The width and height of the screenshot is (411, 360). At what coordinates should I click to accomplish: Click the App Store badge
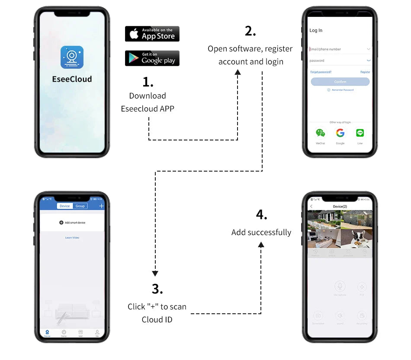[152, 34]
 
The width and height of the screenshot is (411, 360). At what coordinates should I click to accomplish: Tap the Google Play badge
[152, 58]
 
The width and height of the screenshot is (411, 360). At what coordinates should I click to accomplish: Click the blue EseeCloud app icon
[72, 57]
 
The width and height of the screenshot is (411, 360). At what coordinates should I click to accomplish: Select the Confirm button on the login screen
[340, 82]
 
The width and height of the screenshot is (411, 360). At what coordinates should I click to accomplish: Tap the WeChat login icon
[320, 133]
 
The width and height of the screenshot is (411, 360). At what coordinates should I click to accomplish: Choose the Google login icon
[340, 133]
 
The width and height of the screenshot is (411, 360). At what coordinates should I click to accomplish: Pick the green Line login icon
[360, 133]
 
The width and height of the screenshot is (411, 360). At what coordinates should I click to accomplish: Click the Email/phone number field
[337, 49]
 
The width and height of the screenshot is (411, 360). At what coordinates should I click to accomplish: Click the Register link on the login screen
[365, 72]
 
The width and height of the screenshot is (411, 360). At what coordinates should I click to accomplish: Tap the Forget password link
[321, 72]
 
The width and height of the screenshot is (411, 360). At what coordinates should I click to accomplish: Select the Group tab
[80, 206]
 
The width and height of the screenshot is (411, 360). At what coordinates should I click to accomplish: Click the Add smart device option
[72, 223]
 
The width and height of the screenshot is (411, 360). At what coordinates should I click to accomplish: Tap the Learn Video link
[72, 238]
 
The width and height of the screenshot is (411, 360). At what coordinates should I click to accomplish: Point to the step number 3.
[157, 289]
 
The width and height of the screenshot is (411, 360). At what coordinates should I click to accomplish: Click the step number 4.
[261, 215]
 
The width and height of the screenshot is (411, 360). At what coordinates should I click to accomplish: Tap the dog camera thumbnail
[356, 239]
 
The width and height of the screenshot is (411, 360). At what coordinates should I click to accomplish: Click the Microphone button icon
[340, 286]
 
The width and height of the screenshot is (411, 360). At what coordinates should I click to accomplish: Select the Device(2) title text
[340, 207]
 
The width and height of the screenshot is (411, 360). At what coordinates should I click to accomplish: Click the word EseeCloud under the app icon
[72, 79]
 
